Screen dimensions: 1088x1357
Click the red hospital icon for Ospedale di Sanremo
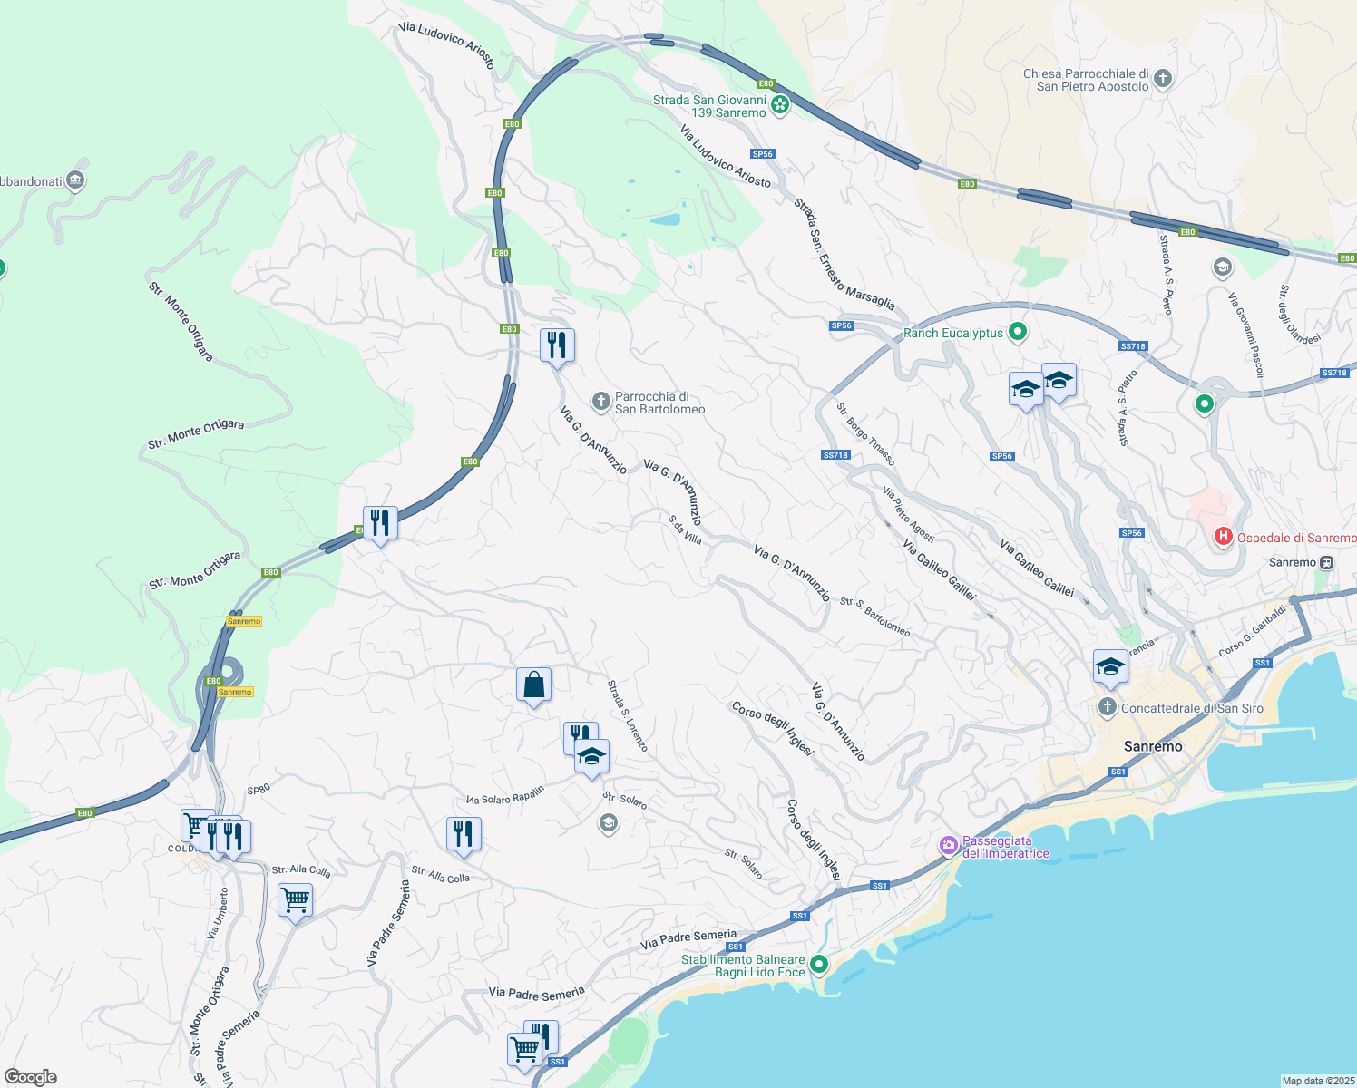point(1223,538)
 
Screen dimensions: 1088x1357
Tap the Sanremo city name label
point(1153,746)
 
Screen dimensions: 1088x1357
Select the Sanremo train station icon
point(1326,562)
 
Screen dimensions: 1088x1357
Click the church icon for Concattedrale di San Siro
point(1107,707)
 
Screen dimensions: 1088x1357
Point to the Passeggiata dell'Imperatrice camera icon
point(949,846)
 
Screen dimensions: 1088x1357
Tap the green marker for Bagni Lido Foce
point(819,965)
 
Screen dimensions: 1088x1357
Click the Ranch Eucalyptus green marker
point(1018,333)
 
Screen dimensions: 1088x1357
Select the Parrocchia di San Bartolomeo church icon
point(600,401)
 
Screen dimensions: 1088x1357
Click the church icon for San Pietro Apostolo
point(1163,79)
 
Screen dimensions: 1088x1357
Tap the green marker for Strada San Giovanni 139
point(780,106)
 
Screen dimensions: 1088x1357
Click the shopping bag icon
point(533,685)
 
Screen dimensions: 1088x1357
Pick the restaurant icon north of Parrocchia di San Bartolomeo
point(557,345)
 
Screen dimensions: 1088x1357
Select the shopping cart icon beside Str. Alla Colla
point(295,901)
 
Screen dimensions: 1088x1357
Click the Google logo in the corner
point(31,1076)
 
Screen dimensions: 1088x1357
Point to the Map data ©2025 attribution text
point(1317,1081)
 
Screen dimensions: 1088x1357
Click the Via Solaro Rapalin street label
point(505,795)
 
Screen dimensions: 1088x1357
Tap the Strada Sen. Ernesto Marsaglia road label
point(844,255)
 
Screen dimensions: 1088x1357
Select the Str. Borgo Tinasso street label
point(865,434)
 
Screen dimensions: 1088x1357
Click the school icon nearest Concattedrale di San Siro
point(1110,668)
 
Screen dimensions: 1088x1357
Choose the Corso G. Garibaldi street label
point(1253,632)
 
